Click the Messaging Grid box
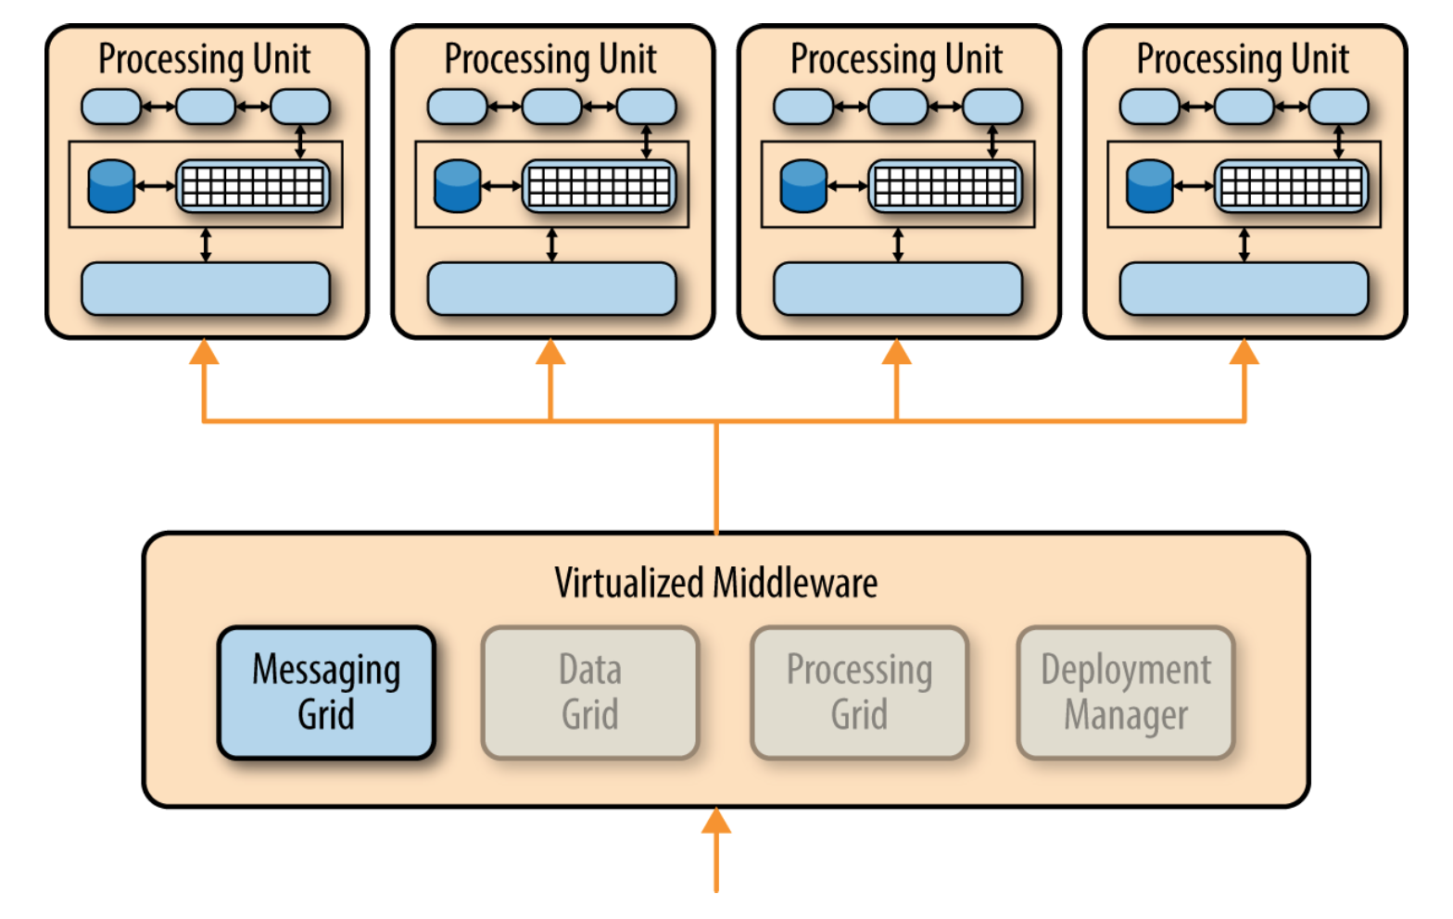(x=326, y=692)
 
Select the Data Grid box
(x=589, y=692)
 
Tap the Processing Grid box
(x=860, y=692)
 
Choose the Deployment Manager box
(x=1125, y=692)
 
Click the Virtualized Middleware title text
(x=716, y=583)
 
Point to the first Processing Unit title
(x=204, y=59)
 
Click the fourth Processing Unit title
(x=1243, y=59)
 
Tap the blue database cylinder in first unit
(x=111, y=186)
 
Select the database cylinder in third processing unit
(x=803, y=186)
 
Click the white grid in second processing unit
(x=599, y=186)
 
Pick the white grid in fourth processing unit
(x=1292, y=186)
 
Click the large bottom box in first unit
(x=206, y=289)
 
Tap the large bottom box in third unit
(x=898, y=289)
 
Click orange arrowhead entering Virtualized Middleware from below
(x=716, y=821)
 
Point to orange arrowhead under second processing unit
(x=550, y=351)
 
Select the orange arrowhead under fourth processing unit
(x=1245, y=351)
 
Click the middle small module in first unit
(x=206, y=107)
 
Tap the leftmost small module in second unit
(x=458, y=107)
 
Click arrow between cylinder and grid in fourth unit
(x=1194, y=186)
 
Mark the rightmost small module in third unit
(x=992, y=107)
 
